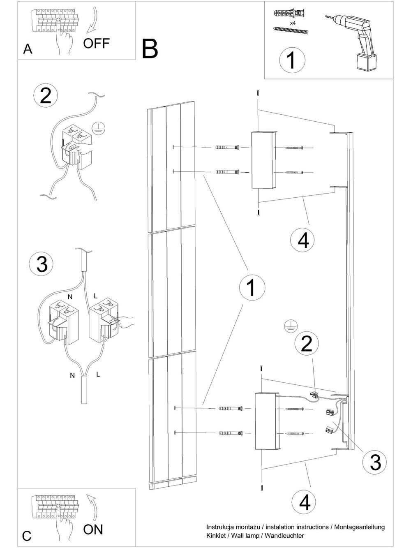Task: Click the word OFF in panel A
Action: point(97,43)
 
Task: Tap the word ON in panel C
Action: point(93,529)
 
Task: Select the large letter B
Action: point(150,49)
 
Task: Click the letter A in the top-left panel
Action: point(28,49)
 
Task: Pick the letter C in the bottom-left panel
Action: point(27,536)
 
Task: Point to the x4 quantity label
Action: point(293,23)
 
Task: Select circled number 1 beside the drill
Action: point(292,60)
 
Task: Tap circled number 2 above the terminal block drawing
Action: point(45,96)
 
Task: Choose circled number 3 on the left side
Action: point(42,264)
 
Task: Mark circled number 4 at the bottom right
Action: point(303,502)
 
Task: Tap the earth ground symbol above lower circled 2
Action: point(290,327)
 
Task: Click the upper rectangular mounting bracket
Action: point(263,160)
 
